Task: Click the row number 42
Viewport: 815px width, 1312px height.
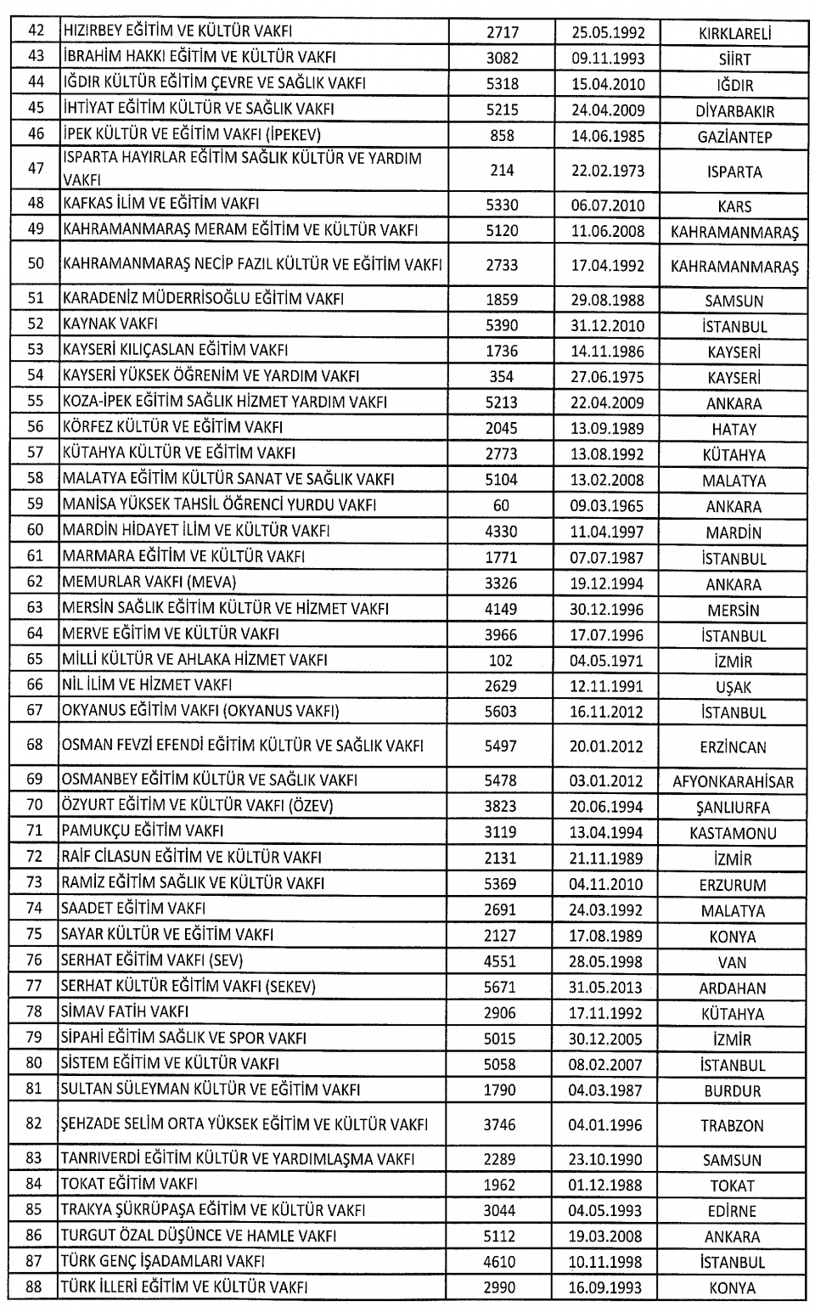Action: pos(36,32)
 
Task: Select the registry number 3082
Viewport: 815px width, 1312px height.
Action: pos(502,59)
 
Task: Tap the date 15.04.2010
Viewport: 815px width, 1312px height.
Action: pos(607,84)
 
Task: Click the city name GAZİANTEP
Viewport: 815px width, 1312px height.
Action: pos(734,137)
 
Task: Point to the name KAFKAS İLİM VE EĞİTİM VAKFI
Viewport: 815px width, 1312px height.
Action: pos(160,204)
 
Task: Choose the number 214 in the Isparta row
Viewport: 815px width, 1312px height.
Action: pos(502,171)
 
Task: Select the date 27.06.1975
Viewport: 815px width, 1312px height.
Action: pos(607,377)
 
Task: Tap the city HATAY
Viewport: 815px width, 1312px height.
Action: pos(734,430)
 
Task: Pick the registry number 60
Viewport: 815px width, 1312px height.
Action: pos(502,506)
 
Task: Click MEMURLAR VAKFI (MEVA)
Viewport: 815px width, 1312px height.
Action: pos(149,583)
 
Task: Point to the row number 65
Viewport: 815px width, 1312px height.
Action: pos(35,660)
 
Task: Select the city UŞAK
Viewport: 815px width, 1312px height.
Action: pos(734,687)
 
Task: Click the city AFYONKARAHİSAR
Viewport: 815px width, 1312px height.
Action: pos(734,781)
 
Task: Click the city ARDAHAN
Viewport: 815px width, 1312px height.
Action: pos(733,988)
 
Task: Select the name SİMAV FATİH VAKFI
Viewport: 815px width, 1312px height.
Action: pos(124,1012)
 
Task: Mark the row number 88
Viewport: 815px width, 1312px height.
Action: pos(34,1287)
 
